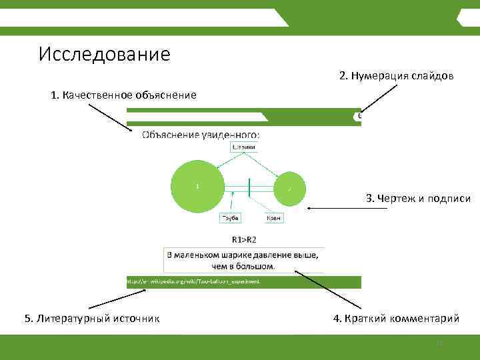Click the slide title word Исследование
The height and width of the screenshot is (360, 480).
pos(105,53)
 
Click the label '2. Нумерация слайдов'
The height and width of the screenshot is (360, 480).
pos(396,76)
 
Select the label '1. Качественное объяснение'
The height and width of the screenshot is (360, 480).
pos(123,95)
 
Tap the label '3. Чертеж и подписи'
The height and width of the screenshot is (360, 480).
pos(418,198)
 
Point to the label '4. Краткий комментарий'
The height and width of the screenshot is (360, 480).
pos(396,319)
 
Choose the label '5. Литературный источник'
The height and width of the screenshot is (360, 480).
pos(92,319)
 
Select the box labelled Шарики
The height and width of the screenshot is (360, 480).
pos(243,147)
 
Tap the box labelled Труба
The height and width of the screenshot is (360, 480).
pos(230,218)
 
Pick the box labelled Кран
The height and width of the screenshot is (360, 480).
pos(273,218)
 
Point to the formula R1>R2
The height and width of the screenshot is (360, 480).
pos(244,238)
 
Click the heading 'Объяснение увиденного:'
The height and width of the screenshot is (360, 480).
pos(201,135)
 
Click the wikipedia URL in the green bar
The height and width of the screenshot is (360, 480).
pos(193,281)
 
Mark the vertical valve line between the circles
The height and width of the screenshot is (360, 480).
pos(249,187)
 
